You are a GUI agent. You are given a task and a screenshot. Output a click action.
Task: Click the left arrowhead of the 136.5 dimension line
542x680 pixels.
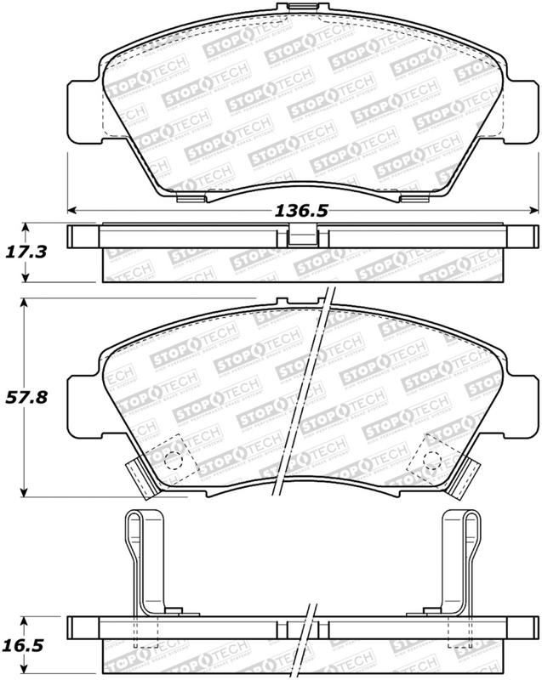73,210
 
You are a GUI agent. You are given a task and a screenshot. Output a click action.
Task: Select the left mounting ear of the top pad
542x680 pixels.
83,115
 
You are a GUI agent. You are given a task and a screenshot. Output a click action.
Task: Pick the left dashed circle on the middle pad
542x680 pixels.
174,461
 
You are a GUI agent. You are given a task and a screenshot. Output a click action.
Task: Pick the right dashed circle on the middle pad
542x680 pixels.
431,461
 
